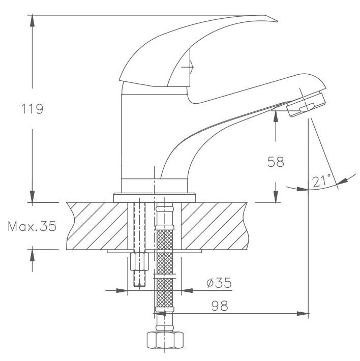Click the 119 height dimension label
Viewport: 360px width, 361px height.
[31, 109]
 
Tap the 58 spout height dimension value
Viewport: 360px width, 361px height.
[276, 162]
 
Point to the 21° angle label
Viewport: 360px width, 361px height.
[321, 181]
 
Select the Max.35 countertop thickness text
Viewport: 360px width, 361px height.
[31, 226]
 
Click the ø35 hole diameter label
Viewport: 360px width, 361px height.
[216, 283]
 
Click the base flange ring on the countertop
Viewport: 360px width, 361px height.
[155, 196]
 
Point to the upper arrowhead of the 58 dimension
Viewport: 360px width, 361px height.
[276, 116]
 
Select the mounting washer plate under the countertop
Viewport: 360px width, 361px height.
[155, 252]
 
